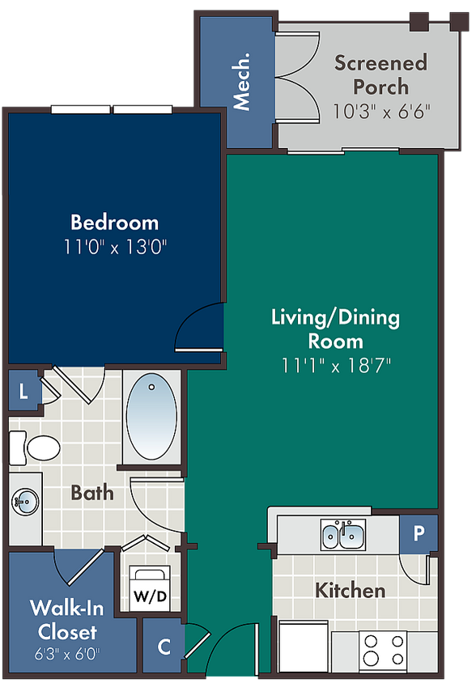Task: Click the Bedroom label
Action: click(x=115, y=223)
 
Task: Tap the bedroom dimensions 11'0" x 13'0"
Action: click(x=116, y=247)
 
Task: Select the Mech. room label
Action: click(x=241, y=82)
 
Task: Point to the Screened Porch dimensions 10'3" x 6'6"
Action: click(x=382, y=111)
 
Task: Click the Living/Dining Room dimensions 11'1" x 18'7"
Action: click(x=336, y=365)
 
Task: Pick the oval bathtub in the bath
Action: click(x=151, y=416)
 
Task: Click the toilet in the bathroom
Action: click(x=35, y=448)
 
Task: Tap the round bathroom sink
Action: click(x=25, y=502)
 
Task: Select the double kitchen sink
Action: click(x=343, y=534)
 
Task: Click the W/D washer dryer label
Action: click(x=150, y=596)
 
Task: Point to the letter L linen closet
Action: click(x=23, y=392)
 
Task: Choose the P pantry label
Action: click(x=419, y=532)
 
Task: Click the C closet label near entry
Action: click(x=164, y=647)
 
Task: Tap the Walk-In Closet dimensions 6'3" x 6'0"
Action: click(x=67, y=654)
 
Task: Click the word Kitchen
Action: click(x=350, y=590)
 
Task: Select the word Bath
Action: click(x=92, y=493)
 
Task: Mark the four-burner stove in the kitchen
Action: click(x=383, y=650)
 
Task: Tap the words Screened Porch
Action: click(x=380, y=74)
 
